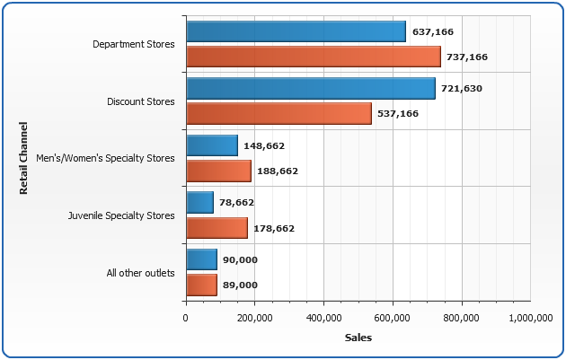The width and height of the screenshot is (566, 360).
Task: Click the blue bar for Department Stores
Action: (296, 31)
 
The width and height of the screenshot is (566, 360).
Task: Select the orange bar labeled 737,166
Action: (313, 57)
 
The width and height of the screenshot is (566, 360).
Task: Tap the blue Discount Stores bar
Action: (310, 88)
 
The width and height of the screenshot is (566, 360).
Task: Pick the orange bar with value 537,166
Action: (279, 113)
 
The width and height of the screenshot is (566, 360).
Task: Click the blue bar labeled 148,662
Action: (212, 145)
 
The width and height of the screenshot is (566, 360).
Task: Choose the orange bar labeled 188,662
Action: (218, 171)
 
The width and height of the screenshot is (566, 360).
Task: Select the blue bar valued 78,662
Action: (199, 203)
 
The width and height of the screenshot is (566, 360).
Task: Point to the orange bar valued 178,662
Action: (217, 228)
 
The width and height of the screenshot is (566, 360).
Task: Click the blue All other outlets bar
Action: (201, 259)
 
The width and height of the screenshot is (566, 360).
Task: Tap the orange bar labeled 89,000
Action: (201, 285)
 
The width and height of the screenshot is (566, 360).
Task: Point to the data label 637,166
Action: (432, 32)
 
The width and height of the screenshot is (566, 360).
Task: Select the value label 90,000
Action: (240, 260)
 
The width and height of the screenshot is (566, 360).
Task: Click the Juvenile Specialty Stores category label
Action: (121, 215)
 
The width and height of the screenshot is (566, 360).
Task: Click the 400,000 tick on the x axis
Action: (323, 317)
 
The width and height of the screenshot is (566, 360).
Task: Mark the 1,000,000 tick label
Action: (530, 317)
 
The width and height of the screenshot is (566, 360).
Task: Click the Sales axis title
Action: (358, 338)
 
